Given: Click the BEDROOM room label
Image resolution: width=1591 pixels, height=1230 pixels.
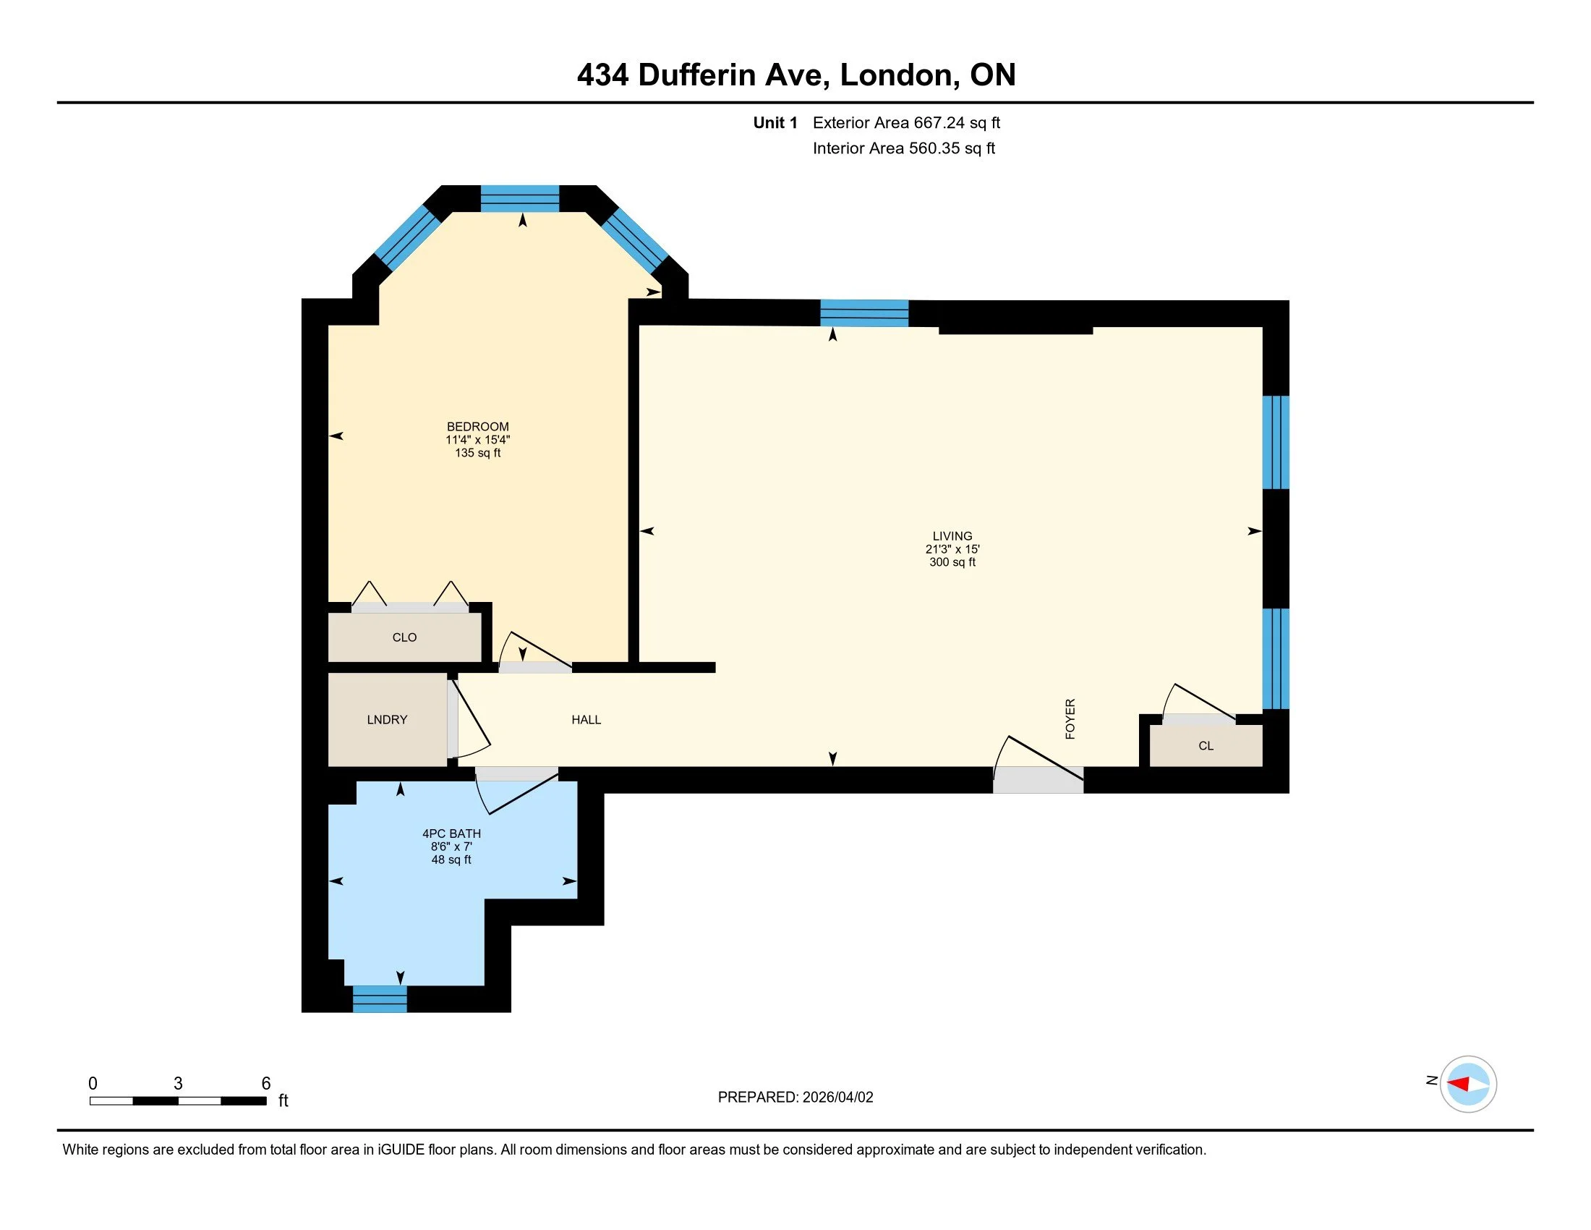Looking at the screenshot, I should pos(478,427).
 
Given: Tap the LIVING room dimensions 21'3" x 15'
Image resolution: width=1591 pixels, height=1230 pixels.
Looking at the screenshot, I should pos(952,549).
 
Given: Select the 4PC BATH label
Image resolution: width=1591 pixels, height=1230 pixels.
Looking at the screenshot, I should pos(452,834).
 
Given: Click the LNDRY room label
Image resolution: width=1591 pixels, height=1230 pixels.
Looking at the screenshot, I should pos(387,720).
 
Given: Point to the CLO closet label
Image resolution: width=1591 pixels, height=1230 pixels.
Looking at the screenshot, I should pos(404,637).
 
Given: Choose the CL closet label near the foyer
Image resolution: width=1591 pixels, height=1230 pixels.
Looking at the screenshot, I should pos(1206,745).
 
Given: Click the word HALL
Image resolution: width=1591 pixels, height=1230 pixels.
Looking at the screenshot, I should pos(586,720).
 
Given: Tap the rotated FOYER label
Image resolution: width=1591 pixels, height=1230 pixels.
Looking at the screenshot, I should pos(1070,719).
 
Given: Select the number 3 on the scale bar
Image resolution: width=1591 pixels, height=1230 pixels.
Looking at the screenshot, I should pos(178,1084).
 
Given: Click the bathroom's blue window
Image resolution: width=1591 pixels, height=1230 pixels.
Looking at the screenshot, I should pos(380,999).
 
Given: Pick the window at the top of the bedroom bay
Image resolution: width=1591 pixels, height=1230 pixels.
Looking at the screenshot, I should pos(519,199).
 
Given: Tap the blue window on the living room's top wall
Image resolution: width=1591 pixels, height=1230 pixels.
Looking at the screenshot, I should pos(864,313).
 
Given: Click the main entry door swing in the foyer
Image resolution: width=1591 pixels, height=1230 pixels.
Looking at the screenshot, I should pos(1038,765).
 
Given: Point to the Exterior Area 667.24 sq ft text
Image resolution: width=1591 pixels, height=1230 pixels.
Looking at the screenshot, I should pos(906,122).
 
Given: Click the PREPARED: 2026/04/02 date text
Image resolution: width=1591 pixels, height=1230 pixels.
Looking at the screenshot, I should pos(795,1098).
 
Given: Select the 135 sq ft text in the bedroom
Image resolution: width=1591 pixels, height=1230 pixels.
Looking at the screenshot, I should pos(478,453).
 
